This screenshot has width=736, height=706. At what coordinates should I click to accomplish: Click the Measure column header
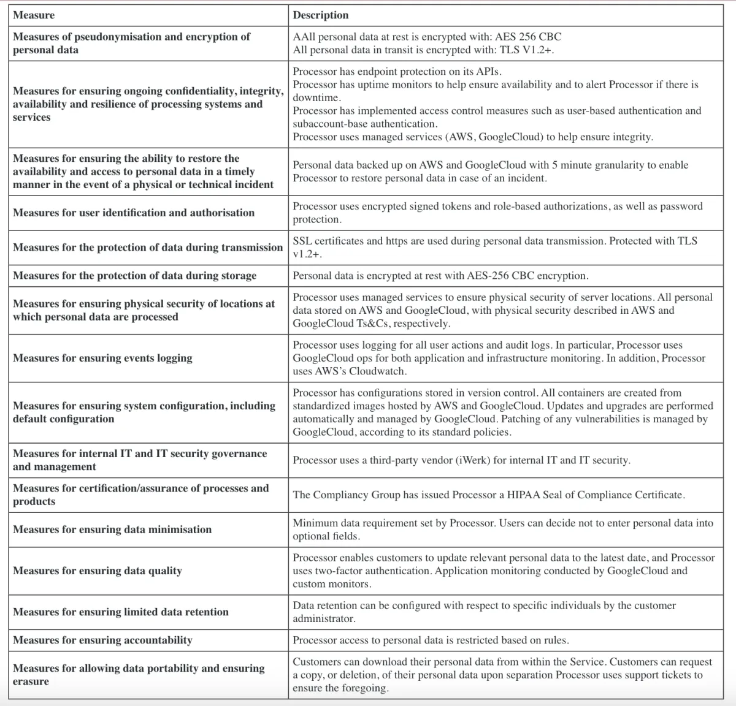pos(34,15)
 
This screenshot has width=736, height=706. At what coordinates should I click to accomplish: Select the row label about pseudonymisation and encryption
pos(131,43)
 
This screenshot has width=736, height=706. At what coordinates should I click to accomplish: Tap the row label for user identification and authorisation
pos(134,213)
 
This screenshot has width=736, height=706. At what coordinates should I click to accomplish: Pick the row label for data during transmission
pos(148,247)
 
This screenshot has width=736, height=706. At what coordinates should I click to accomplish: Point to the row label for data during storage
pos(134,275)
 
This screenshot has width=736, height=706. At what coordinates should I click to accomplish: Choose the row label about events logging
pos(102,358)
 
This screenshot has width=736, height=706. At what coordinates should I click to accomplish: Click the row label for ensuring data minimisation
pos(112,529)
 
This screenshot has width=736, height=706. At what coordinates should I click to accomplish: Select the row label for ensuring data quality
pos(98,571)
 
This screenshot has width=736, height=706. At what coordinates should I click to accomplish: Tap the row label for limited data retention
pos(121,612)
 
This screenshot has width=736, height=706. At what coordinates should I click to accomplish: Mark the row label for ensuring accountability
pos(102,640)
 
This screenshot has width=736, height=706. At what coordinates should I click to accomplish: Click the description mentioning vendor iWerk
pos(461,460)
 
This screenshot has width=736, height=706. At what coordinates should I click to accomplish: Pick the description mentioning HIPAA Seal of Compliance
pos(489,495)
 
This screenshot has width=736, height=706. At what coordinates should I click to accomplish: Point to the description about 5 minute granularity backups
pos(490,172)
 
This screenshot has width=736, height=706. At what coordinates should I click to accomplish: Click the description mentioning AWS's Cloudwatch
pos(499,358)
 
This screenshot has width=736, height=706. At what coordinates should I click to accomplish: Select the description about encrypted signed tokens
pos(497,213)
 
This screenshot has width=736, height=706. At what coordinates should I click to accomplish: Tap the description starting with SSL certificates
pos(494,247)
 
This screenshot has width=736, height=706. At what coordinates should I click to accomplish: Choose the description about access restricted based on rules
pos(431,640)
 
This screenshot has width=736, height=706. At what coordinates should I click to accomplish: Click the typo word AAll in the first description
pos(304,37)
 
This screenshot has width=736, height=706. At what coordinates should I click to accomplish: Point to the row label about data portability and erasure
pos(139,674)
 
